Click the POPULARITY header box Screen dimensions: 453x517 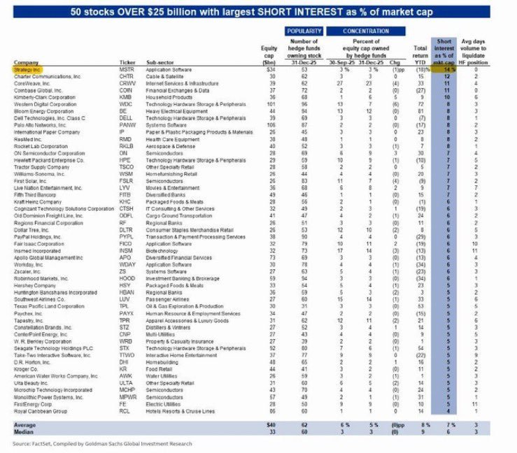point(304,32)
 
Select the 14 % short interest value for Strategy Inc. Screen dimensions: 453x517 point(445,70)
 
